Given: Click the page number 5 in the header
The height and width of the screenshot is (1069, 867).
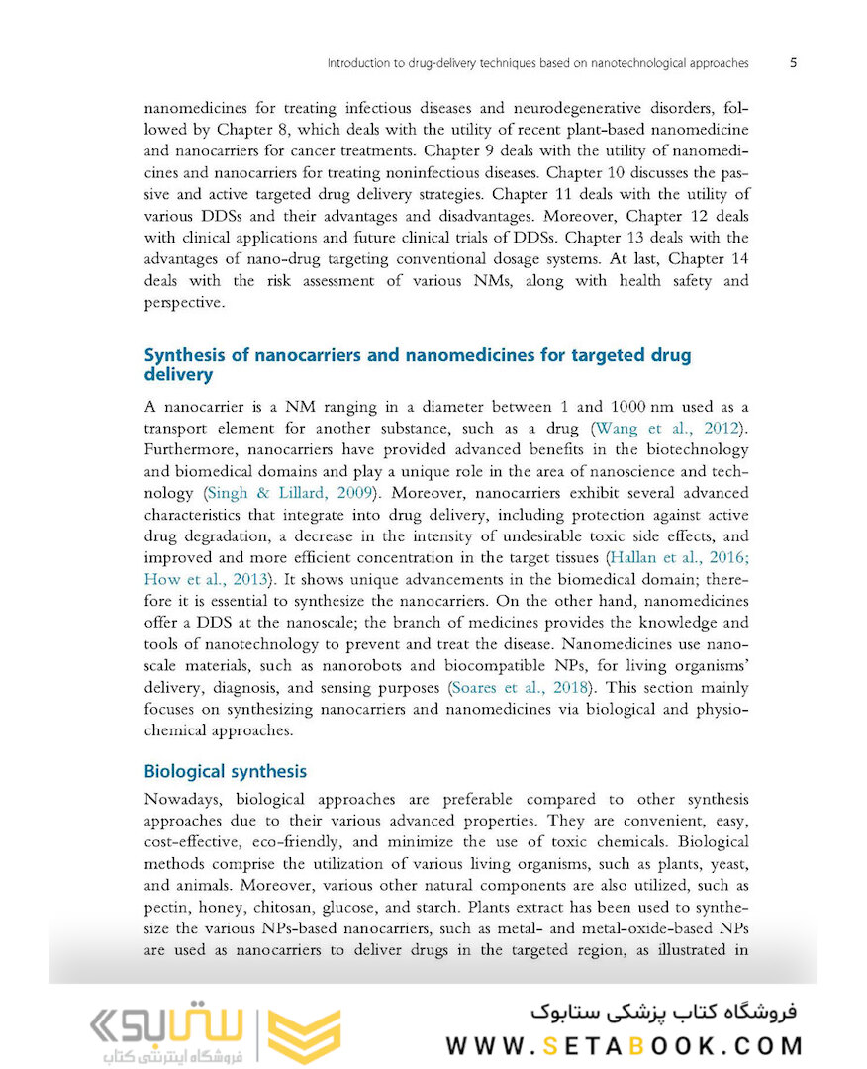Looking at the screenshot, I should tap(793, 63).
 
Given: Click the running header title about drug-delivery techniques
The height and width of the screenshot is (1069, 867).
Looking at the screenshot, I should tap(537, 63).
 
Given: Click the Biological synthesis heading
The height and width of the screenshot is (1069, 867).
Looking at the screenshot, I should tap(226, 771).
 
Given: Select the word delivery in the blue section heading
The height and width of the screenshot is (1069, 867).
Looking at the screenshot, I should tap(178, 375).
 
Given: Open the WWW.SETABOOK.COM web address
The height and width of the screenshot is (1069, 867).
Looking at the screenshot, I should tap(625, 1045).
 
